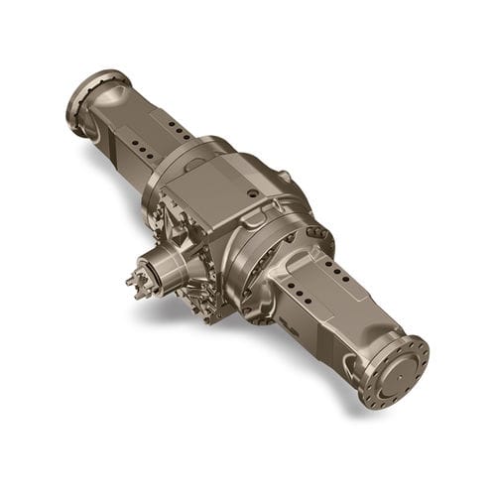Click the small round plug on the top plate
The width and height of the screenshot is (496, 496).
click(254, 192)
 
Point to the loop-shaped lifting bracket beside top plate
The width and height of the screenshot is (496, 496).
click(283, 180)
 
